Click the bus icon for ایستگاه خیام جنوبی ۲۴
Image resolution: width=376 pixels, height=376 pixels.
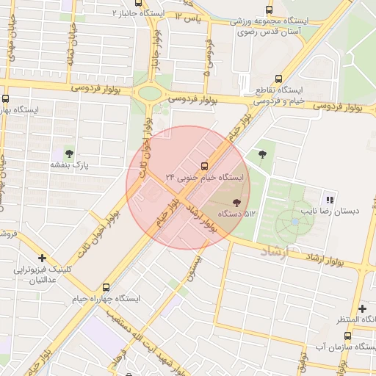204,165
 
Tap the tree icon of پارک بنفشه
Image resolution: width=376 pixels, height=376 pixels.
69,153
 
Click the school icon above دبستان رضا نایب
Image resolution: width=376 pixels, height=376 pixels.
330,199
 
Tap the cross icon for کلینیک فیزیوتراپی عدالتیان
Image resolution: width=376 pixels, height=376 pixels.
43,258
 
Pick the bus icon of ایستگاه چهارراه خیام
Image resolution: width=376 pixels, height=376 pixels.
106,287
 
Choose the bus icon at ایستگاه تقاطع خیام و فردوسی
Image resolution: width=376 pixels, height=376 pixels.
278,79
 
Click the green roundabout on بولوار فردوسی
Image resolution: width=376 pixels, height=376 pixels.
150,93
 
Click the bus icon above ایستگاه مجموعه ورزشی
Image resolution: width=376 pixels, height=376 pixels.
269,10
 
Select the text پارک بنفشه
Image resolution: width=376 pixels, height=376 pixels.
69,166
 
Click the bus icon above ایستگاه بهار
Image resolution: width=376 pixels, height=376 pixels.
6,98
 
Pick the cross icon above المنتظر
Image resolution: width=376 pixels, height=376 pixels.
361,308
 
